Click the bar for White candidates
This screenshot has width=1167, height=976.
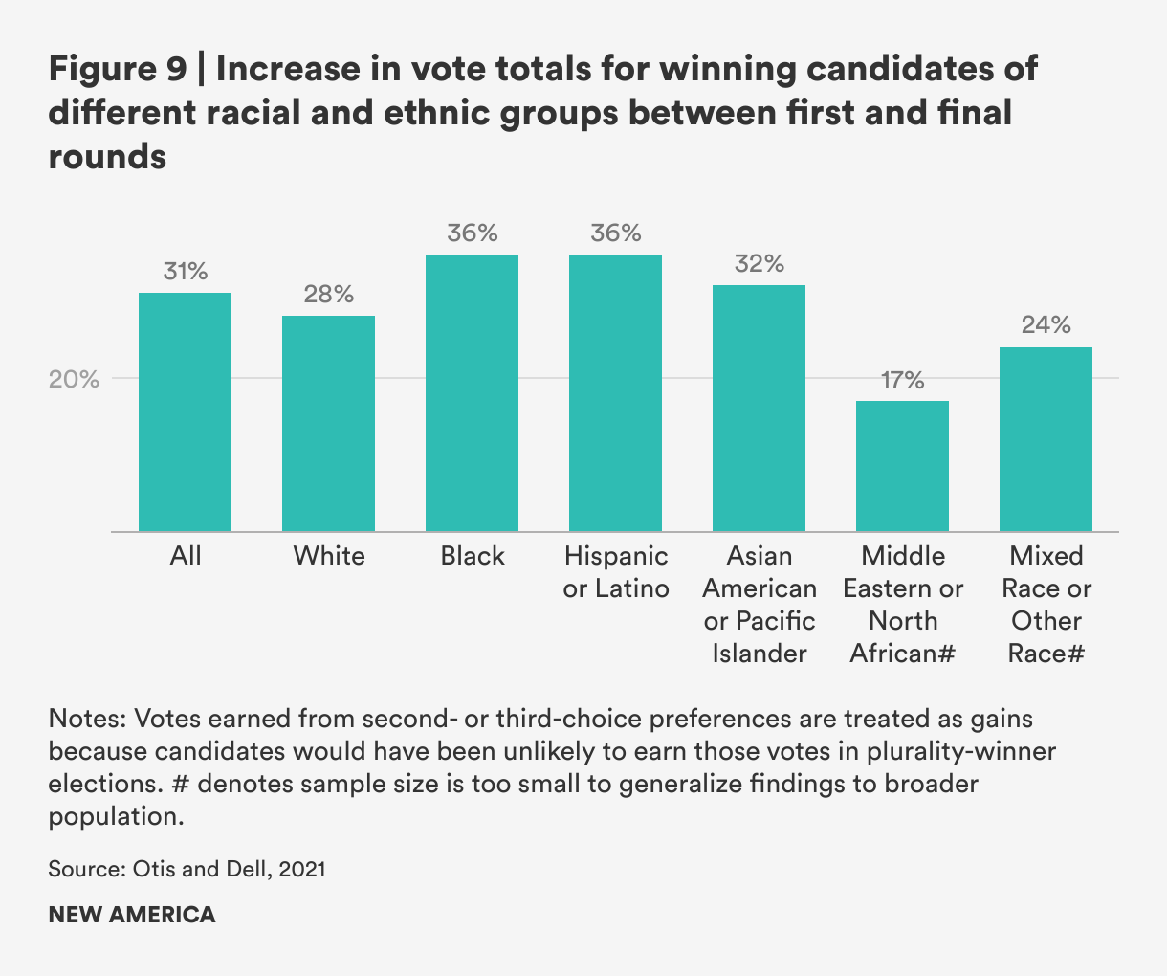(328, 423)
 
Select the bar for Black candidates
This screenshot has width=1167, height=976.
(472, 392)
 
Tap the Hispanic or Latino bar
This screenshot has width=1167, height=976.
(615, 392)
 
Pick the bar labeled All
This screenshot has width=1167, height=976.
(185, 411)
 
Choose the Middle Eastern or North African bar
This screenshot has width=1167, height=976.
(902, 466)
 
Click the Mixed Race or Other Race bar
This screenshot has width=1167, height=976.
(1046, 439)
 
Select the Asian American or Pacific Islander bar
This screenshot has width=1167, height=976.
(759, 408)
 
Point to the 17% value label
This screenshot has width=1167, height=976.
(902, 381)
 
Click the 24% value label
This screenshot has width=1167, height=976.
(1046, 325)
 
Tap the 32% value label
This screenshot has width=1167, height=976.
(759, 263)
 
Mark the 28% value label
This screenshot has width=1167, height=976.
(328, 294)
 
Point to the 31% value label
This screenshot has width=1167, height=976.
(185, 271)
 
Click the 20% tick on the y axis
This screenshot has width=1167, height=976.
(74, 379)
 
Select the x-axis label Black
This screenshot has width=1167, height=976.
(472, 556)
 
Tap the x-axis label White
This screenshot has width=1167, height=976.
(328, 556)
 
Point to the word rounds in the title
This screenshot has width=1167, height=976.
(107, 156)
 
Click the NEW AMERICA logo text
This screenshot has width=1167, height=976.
(132, 914)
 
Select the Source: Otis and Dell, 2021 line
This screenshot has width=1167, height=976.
(187, 869)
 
